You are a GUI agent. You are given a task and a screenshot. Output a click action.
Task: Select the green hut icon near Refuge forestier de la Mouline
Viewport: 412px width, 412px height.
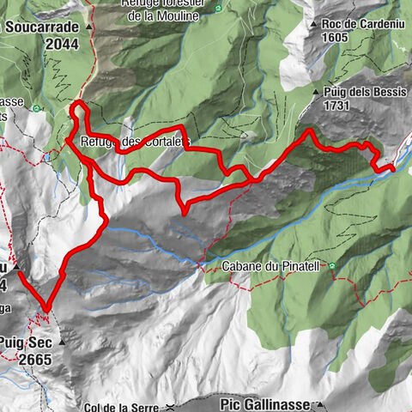217,9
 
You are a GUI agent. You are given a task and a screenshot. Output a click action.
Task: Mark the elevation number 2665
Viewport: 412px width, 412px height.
33,358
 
